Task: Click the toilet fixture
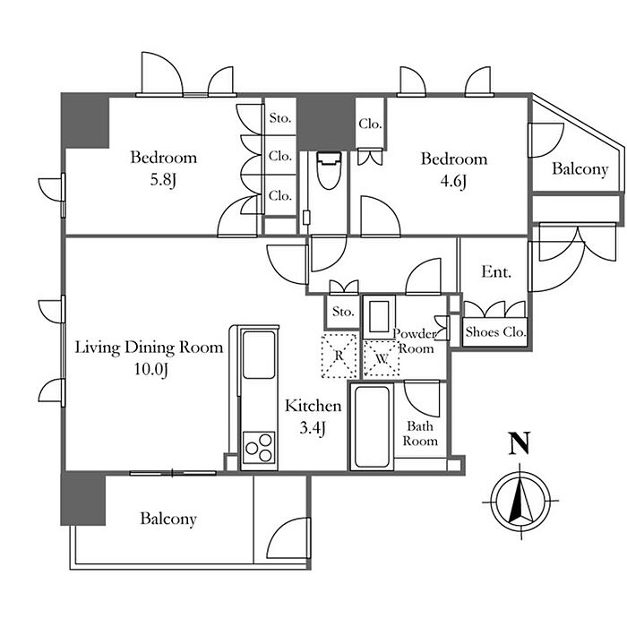point(329,170)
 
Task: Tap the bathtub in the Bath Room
point(372,426)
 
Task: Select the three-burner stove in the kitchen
point(259,447)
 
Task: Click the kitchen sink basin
point(259,355)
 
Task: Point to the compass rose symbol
point(520,500)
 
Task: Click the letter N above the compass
point(520,443)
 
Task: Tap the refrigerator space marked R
point(339,356)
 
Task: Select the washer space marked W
point(382,358)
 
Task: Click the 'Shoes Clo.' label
point(495,332)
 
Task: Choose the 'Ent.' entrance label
point(496,272)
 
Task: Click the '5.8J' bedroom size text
point(163,180)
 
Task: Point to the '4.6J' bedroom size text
point(453,182)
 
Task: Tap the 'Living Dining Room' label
point(150,348)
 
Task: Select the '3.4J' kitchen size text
point(313,428)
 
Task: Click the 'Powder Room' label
point(415,340)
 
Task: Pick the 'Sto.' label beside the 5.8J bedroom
point(280,117)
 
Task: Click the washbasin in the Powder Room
point(379,317)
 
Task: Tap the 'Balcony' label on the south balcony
point(168,519)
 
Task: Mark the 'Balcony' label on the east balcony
point(580,168)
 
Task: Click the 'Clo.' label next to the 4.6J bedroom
point(370,124)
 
